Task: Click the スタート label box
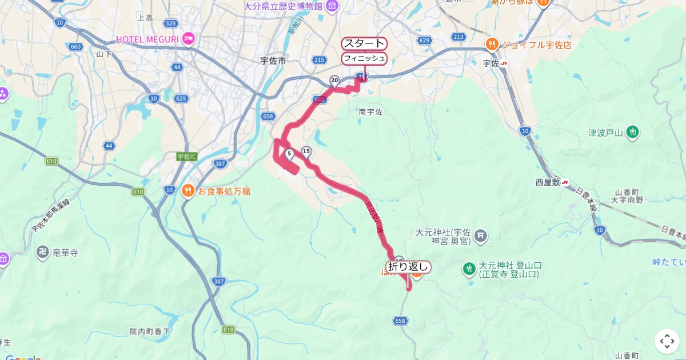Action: tap(364, 43)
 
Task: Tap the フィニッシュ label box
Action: tap(364, 58)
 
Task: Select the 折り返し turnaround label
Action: tap(408, 267)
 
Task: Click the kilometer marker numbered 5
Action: tap(289, 154)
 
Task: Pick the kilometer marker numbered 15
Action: tap(306, 151)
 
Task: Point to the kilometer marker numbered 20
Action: tap(334, 81)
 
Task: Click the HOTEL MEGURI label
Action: tap(147, 39)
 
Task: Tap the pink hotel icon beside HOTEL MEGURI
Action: tap(189, 39)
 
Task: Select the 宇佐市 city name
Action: tap(273, 60)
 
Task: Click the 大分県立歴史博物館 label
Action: tap(283, 6)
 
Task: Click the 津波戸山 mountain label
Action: tap(605, 133)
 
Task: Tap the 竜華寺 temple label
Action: tap(65, 251)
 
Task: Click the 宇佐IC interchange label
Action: tap(186, 156)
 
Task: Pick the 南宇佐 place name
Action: tap(370, 112)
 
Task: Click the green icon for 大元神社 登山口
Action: tap(469, 269)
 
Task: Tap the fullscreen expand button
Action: tap(667, 341)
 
